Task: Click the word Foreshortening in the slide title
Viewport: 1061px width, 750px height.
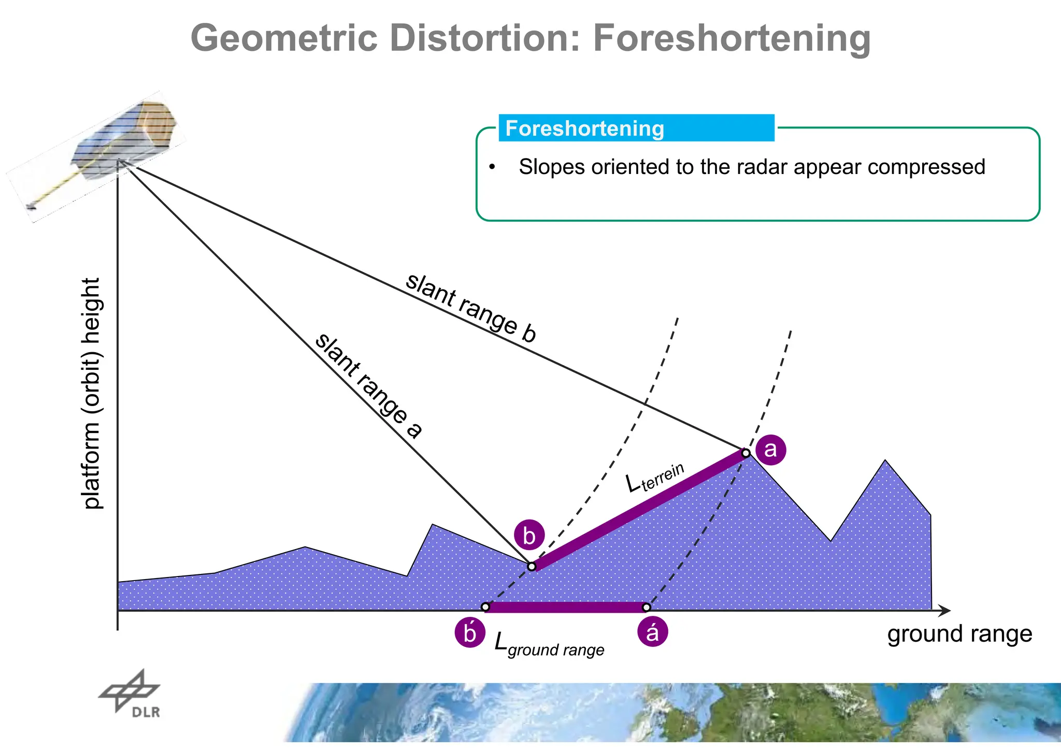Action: pyautogui.click(x=732, y=38)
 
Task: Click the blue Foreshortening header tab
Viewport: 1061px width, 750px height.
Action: pyautogui.click(x=636, y=128)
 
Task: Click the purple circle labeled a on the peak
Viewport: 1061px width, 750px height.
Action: pyautogui.click(x=770, y=449)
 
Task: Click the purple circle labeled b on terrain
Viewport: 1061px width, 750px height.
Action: pyautogui.click(x=529, y=535)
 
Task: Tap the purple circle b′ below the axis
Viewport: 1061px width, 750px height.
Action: pyautogui.click(x=470, y=633)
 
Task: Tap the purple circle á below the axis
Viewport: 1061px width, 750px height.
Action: pyautogui.click(x=652, y=632)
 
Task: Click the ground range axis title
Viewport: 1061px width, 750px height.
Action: pyautogui.click(x=959, y=634)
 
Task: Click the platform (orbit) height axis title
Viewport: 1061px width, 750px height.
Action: pyautogui.click(x=92, y=394)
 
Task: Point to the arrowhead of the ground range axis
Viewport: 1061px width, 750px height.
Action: pyautogui.click(x=945, y=611)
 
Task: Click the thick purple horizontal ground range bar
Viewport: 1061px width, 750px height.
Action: pyautogui.click(x=566, y=607)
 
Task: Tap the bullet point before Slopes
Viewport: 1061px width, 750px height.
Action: pyautogui.click(x=492, y=167)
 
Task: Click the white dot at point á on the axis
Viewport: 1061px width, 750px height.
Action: pyautogui.click(x=647, y=607)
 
